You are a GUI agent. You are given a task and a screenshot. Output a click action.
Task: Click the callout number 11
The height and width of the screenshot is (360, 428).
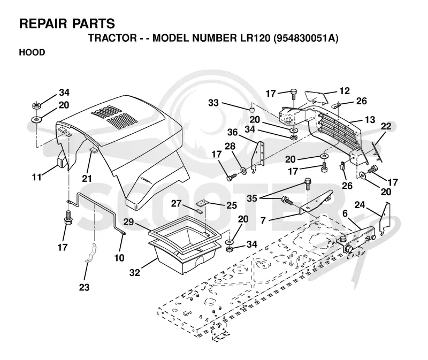[x=37, y=178]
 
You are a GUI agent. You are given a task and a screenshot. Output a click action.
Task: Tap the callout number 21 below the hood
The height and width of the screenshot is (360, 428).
[x=87, y=179]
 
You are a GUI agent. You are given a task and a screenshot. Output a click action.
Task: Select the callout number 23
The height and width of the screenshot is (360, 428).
[x=84, y=287]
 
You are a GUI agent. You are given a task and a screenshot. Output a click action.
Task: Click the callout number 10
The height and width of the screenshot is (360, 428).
[x=119, y=258]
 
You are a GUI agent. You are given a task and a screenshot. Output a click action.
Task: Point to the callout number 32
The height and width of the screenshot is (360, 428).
[x=135, y=272]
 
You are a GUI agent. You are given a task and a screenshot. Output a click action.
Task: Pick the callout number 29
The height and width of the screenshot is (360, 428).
[x=128, y=222]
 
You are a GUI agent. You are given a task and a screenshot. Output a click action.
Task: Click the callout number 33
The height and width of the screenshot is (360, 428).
[x=213, y=103]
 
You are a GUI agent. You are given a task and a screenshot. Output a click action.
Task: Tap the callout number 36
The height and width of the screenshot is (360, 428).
[x=233, y=132]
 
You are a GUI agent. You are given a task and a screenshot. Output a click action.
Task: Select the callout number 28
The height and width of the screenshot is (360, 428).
[x=230, y=146]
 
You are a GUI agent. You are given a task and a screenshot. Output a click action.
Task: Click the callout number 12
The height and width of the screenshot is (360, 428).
[x=345, y=91]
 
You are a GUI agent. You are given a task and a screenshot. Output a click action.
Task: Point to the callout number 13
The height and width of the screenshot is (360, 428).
[x=370, y=119]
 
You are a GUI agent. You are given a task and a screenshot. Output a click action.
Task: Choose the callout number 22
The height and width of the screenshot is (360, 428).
[x=386, y=126]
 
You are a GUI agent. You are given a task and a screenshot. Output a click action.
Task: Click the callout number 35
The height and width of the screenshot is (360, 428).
[x=251, y=198]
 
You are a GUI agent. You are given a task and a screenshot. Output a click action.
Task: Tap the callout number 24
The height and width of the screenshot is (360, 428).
[x=360, y=205]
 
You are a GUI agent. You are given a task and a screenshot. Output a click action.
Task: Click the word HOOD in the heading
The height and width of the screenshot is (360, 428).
[x=32, y=52]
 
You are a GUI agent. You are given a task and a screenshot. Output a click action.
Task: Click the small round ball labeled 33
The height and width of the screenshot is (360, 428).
[x=251, y=109]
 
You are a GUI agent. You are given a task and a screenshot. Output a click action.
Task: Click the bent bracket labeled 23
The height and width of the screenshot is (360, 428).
[x=91, y=252]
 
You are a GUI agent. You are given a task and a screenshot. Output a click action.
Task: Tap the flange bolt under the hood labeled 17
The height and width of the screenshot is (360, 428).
[x=68, y=218]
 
